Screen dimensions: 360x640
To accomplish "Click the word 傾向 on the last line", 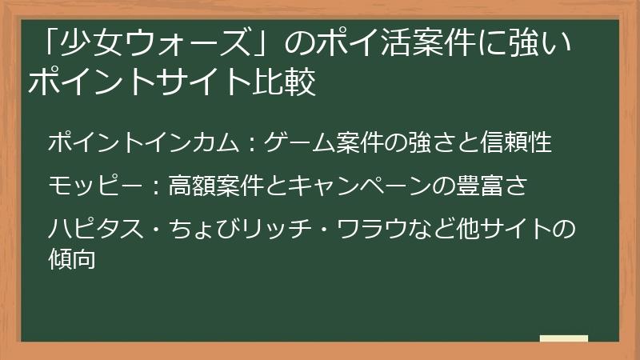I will [73, 258].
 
